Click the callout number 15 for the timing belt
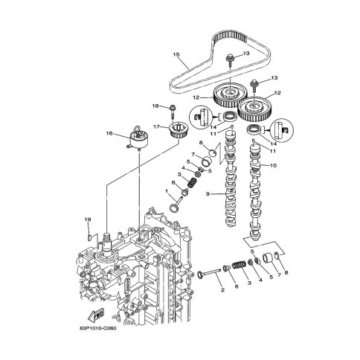(x=176, y=54)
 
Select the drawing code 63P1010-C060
(x=98, y=329)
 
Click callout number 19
(x=88, y=219)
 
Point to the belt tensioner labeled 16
(x=138, y=140)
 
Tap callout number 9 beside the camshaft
(x=208, y=194)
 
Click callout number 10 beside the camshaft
(x=273, y=165)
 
